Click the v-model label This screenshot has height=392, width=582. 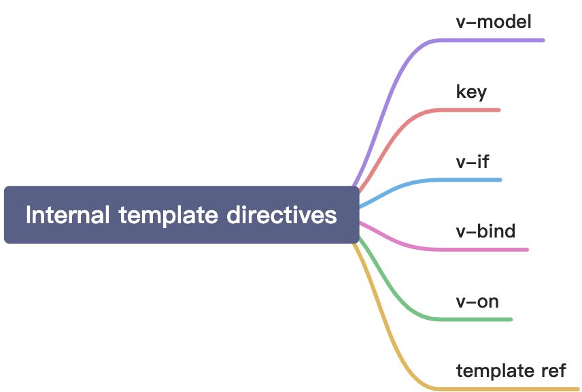493,21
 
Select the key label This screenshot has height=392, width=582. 471,91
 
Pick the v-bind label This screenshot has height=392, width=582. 485,231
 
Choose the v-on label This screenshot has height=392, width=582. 477,301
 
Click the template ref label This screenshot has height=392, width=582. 511,371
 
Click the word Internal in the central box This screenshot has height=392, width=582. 67,215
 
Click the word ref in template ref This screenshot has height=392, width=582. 553,371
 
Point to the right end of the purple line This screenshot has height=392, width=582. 543,40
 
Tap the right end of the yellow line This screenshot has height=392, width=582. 577,389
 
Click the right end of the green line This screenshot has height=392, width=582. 510,319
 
